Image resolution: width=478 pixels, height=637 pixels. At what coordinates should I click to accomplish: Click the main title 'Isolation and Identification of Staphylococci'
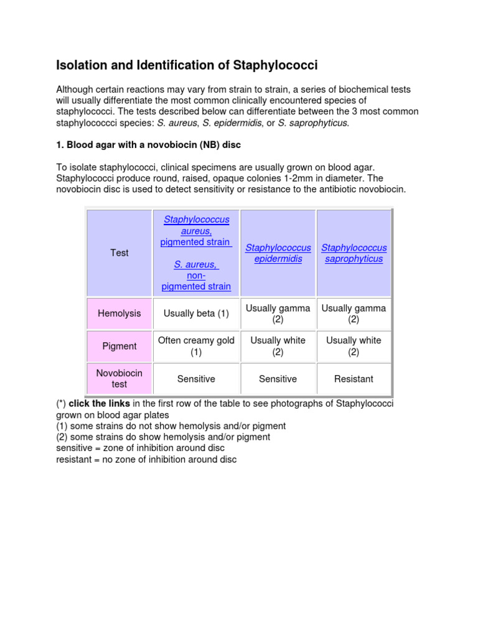(x=187, y=65)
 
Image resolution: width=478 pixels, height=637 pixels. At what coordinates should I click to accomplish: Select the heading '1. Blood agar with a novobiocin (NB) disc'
(x=148, y=145)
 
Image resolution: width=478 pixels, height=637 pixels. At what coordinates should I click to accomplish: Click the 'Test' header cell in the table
(x=119, y=253)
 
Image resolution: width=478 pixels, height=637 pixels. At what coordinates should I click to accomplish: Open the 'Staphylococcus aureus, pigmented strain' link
(x=196, y=231)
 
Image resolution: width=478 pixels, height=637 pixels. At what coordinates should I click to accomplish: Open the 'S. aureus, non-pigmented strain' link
(x=196, y=276)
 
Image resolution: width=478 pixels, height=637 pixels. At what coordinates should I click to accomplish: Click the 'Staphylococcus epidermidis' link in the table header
(x=278, y=253)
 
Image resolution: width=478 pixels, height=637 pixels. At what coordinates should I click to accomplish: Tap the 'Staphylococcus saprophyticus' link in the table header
(x=354, y=253)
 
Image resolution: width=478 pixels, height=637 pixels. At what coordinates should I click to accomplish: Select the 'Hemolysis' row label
(x=119, y=314)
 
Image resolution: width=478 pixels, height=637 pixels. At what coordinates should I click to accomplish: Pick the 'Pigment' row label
(x=119, y=346)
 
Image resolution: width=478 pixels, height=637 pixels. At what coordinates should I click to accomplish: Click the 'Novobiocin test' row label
(x=119, y=379)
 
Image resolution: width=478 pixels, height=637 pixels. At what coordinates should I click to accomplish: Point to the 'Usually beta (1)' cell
(x=196, y=314)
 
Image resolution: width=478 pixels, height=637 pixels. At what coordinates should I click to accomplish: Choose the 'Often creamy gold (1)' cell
(x=196, y=346)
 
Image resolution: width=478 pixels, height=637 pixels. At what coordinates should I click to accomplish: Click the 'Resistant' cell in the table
(x=354, y=379)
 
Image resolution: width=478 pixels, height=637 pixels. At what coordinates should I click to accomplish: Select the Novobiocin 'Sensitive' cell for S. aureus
(x=196, y=379)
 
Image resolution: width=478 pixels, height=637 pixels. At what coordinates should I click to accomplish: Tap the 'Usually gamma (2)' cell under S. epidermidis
(x=278, y=314)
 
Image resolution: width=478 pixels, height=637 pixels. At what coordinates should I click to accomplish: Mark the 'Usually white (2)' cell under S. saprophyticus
(x=354, y=346)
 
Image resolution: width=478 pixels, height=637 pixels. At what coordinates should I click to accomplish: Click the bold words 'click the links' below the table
(x=100, y=404)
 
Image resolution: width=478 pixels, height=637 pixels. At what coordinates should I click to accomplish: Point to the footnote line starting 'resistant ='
(x=146, y=460)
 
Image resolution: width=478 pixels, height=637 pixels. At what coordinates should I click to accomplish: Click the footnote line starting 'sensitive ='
(x=140, y=449)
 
